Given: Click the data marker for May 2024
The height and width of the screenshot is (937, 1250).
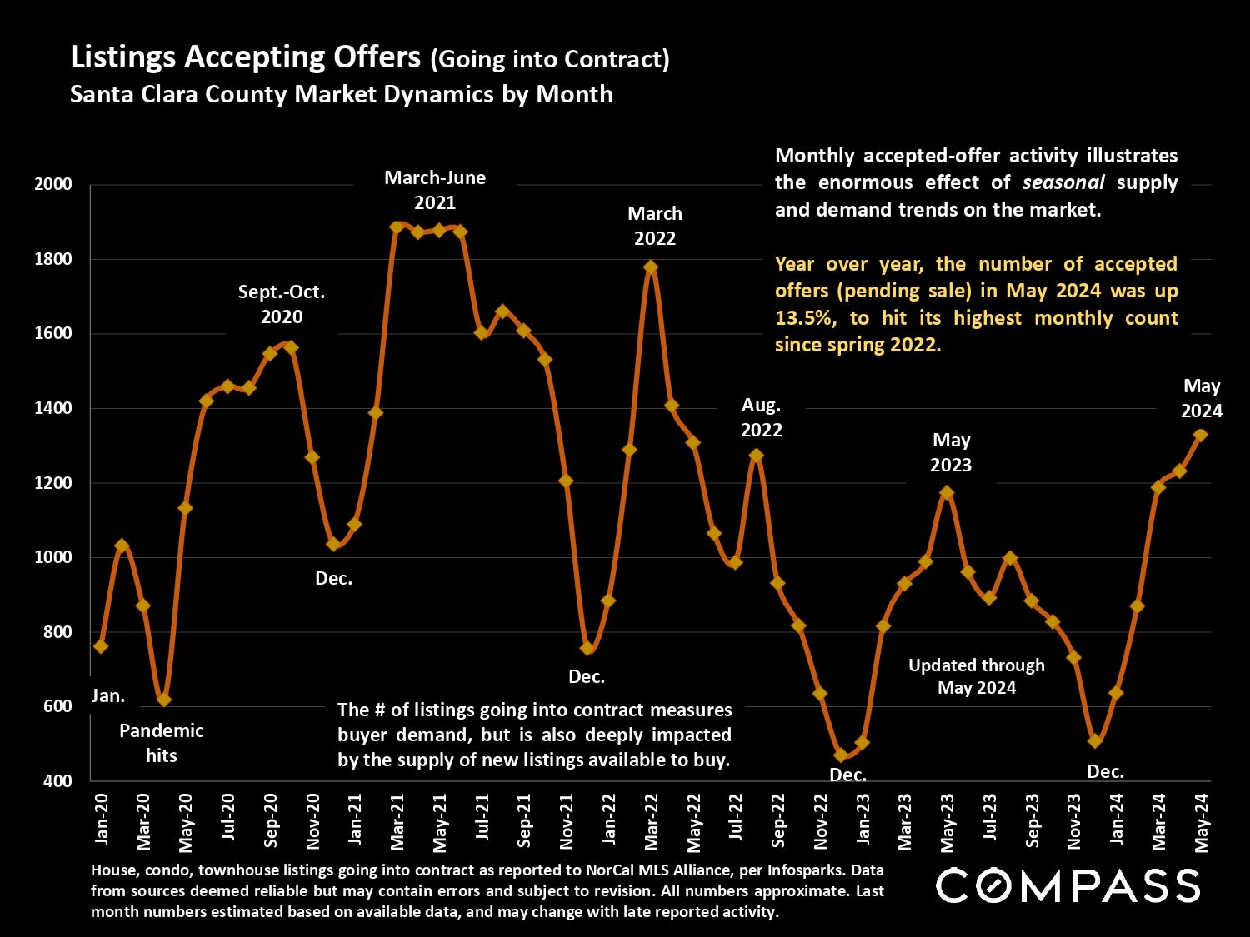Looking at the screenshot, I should coord(1201,435).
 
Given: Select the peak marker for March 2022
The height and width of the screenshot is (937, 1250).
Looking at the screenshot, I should coord(651,267).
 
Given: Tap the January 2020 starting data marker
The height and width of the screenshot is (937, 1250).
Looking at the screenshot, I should coord(101,646).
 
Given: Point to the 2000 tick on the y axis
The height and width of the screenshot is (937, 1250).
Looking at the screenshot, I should coord(53,184).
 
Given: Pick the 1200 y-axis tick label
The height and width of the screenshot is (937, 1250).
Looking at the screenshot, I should coord(53,483).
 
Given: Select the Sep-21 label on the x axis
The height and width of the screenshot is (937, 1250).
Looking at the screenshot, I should coord(524,821).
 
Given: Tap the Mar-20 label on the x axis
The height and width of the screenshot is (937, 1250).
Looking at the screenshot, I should coord(143,821).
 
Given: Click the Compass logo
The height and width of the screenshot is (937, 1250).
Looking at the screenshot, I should coord(1067,885).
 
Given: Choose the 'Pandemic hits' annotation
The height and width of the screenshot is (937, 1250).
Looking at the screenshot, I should coord(161,743).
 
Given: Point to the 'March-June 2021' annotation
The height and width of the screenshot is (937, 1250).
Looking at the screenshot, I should coord(435,190).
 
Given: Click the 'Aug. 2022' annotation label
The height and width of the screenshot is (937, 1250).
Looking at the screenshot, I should coord(762,417).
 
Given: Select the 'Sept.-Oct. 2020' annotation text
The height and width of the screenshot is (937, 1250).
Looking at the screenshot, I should coord(282,304).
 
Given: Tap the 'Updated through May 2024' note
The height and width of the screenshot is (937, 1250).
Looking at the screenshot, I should coord(977,676).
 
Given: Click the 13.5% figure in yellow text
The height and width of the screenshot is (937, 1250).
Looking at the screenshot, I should coord(803,318).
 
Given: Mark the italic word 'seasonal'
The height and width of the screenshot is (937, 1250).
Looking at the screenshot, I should coord(1063,182).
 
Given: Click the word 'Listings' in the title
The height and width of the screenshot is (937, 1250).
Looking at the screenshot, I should coord(122,57).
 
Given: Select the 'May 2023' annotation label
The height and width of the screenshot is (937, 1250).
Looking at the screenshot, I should coord(951,452).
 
